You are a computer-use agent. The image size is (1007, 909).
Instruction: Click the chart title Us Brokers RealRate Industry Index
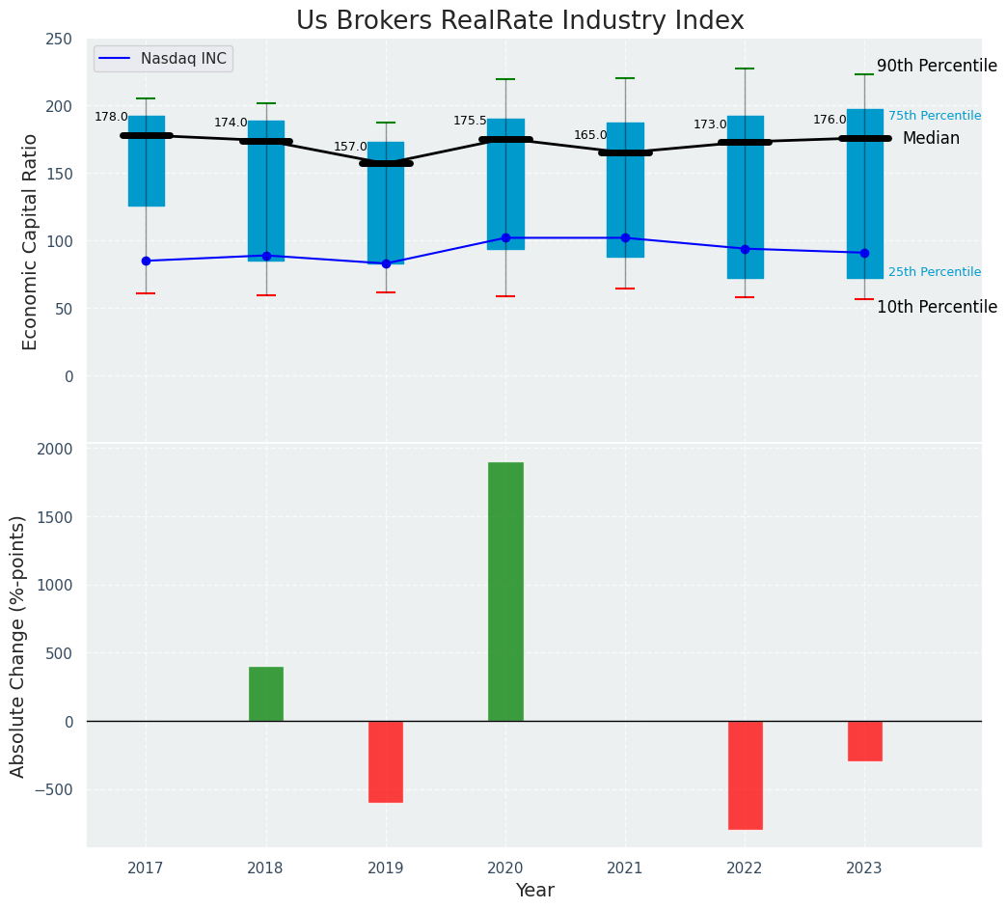[x=520, y=21]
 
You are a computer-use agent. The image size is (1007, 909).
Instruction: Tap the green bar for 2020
[x=505, y=592]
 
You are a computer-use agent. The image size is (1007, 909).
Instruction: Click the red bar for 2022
[x=745, y=775]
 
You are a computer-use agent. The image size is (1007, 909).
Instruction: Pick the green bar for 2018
[x=266, y=694]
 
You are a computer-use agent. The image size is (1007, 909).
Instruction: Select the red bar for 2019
[x=386, y=761]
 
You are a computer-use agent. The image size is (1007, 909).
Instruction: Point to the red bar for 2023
[x=864, y=741]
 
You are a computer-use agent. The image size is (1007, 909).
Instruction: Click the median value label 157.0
[x=350, y=147]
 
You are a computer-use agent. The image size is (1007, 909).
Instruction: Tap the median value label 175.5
[x=470, y=121]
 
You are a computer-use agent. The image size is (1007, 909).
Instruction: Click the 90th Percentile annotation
[x=937, y=67]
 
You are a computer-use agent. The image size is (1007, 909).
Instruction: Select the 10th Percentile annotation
[x=937, y=307]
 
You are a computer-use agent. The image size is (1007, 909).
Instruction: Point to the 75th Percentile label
[x=934, y=116]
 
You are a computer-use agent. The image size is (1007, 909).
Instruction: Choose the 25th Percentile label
[x=934, y=272]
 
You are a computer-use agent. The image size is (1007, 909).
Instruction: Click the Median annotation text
[x=931, y=139]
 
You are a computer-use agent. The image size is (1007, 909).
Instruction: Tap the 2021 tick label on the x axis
[x=625, y=869]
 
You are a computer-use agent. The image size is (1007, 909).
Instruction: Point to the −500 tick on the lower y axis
[x=55, y=789]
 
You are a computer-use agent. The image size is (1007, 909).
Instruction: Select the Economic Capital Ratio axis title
[x=31, y=241]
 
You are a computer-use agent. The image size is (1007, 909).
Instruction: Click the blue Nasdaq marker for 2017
[x=146, y=261]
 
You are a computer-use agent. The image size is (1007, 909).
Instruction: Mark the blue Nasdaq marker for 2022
[x=745, y=249]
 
